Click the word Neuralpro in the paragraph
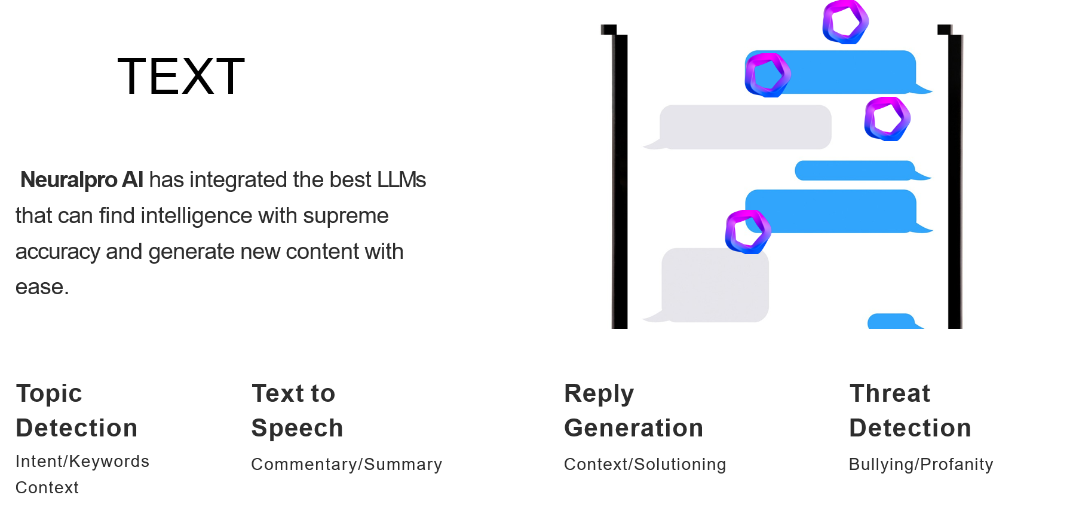[x=69, y=180]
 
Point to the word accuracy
[x=57, y=252]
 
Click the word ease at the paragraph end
[x=39, y=288]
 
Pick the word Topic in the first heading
[x=49, y=393]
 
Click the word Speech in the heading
[x=297, y=428]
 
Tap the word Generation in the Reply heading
[x=633, y=428]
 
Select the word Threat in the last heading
[x=890, y=393]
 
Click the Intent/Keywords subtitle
[x=82, y=462]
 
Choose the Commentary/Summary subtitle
[x=347, y=465]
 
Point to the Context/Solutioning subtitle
[x=645, y=465]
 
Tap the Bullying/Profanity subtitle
[x=921, y=465]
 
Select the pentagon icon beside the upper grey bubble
[x=887, y=118]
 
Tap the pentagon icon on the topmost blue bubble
[x=768, y=75]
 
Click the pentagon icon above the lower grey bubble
[x=748, y=231]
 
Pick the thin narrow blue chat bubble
[x=854, y=170]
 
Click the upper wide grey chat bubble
[x=745, y=127]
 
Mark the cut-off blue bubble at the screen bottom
[x=891, y=322]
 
